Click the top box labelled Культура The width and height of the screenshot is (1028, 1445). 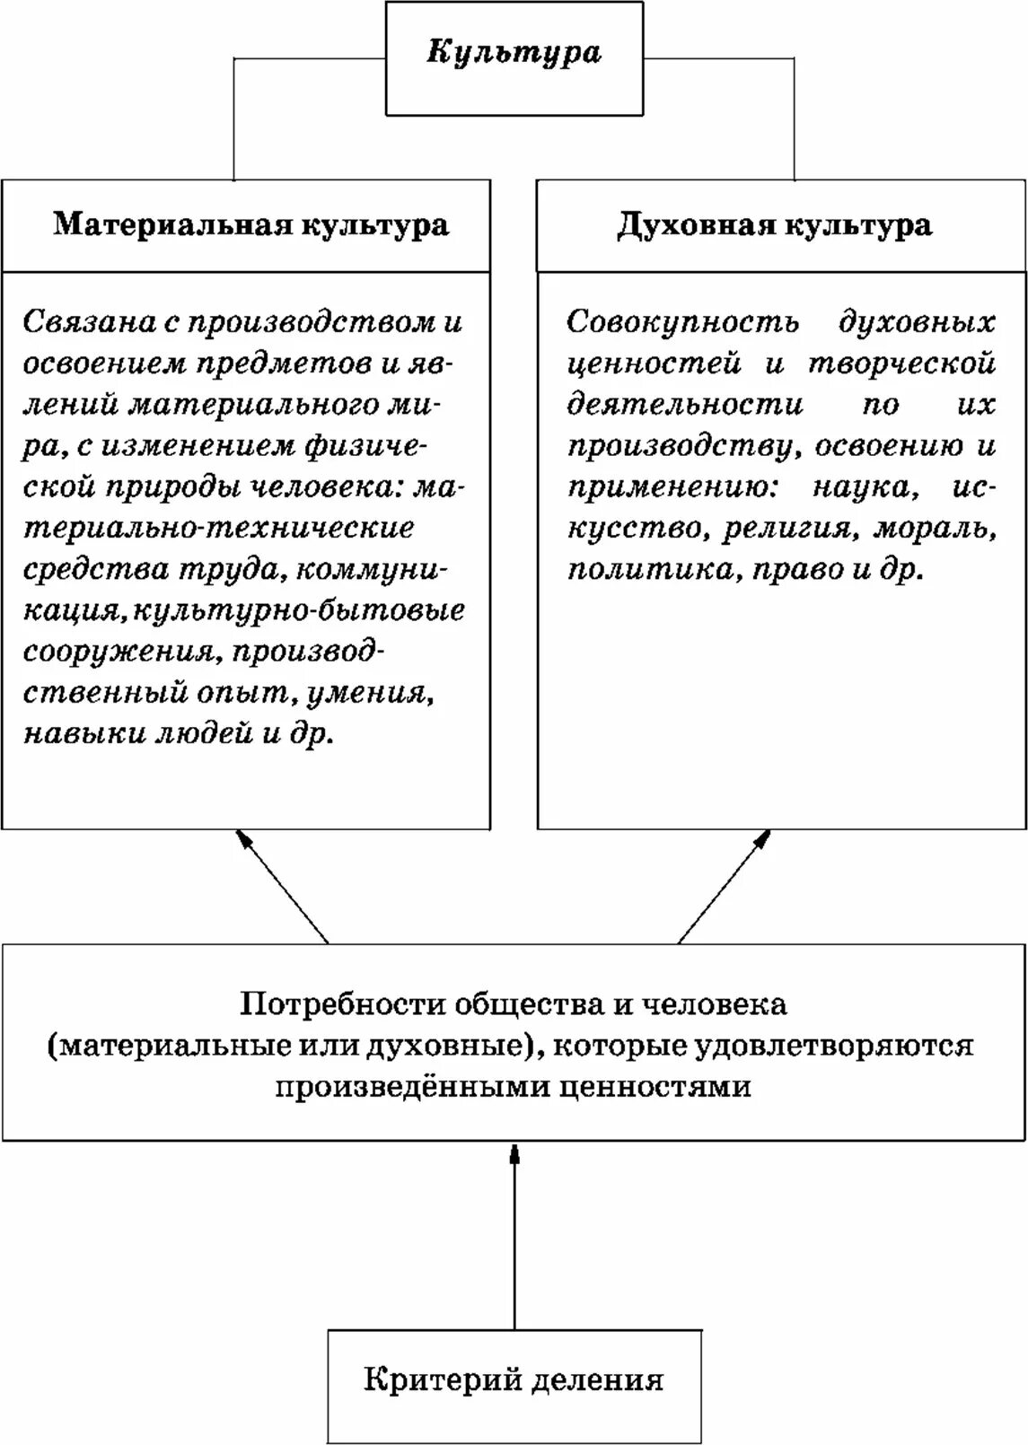[514, 57]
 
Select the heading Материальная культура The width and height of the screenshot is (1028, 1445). [250, 224]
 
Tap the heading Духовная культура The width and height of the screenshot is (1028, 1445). [774, 224]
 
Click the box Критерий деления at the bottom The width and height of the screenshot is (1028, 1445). [514, 1379]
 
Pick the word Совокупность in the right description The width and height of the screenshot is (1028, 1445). [682, 321]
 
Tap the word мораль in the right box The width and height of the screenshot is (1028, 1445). [935, 529]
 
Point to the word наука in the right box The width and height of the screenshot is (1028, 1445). [865, 487]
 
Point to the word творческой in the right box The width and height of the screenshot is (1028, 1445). [902, 363]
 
